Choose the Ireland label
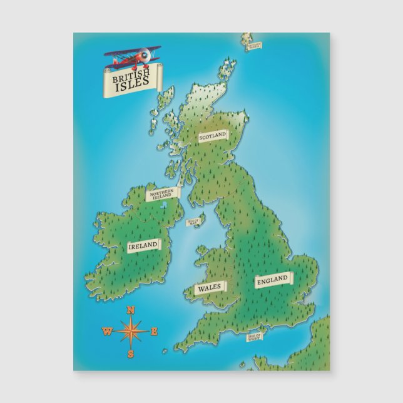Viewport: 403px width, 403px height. pyautogui.click(x=143, y=246)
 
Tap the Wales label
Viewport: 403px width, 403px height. pyautogui.click(x=210, y=288)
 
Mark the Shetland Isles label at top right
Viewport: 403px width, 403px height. pyautogui.click(x=254, y=45)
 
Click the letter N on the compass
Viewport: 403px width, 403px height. pyautogui.click(x=131, y=310)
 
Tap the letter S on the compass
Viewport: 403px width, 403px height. pyautogui.click(x=131, y=354)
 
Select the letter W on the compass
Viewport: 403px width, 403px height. pyautogui.click(x=108, y=332)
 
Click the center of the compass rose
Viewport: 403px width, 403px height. pyautogui.click(x=131, y=332)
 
